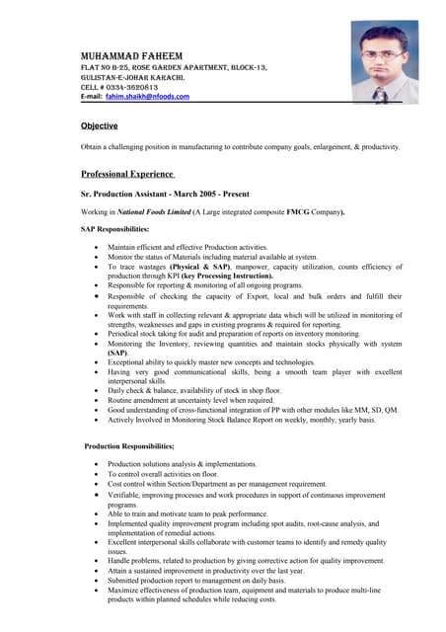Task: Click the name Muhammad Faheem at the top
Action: (134, 53)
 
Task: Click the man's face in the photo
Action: (384, 49)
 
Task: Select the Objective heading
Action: (100, 125)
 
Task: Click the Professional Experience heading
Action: (127, 174)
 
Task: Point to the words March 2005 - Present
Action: (236, 194)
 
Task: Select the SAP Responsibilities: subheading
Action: (114, 229)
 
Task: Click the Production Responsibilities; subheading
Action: (129, 446)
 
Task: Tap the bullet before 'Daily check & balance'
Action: (95, 391)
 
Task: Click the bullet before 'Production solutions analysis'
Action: (95, 464)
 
